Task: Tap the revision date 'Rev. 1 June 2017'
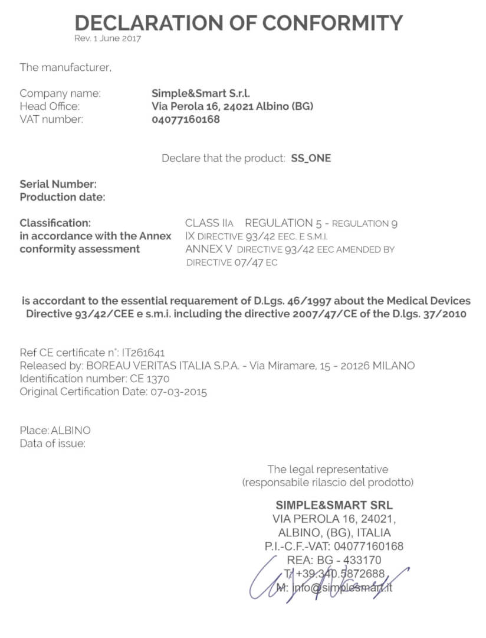tap(108, 38)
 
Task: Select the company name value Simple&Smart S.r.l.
tap(201, 93)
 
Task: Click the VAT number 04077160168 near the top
tap(186, 119)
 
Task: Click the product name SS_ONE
tap(311, 158)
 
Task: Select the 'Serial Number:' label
tap(58, 184)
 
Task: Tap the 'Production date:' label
tap(63, 197)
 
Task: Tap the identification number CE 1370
tap(149, 379)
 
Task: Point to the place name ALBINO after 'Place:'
tap(71, 431)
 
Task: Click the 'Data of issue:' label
tap(52, 444)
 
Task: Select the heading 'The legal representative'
tap(328, 470)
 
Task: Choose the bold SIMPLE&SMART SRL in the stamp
tap(334, 506)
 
